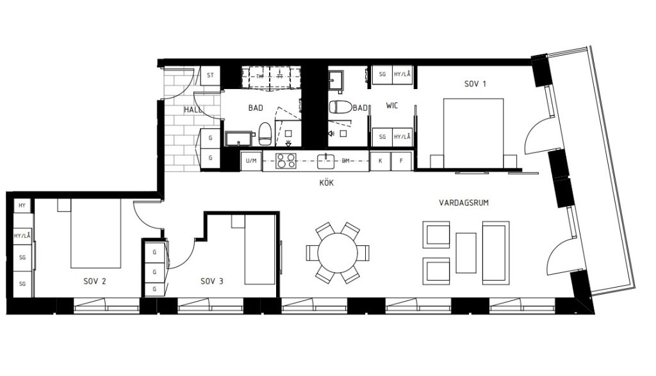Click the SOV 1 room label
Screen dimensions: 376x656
(475, 84)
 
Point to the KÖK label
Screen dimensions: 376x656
(327, 183)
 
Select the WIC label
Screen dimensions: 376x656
(392, 106)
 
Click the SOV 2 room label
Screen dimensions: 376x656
(94, 281)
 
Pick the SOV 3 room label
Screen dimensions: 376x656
(211, 281)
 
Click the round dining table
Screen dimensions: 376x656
(338, 252)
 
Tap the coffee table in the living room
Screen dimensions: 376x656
(466, 252)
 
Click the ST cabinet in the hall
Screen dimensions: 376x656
(210, 76)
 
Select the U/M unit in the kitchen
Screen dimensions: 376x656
(251, 161)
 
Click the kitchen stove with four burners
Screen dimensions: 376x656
(286, 161)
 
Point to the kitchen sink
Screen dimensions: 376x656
(327, 159)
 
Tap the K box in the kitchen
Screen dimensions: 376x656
(380, 161)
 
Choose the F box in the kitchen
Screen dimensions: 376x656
(401, 161)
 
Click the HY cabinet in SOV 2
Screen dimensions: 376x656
(22, 206)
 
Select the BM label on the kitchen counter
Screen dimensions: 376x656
(346, 161)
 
